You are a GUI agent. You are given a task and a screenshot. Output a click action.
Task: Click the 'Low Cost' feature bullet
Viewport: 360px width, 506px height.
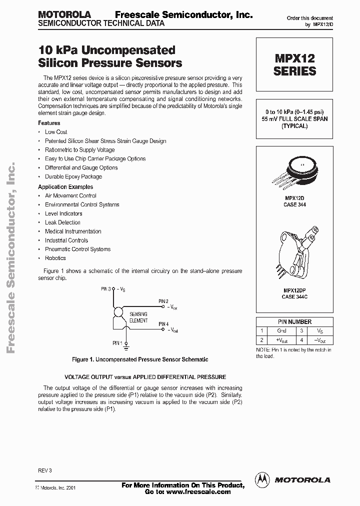point(56,132)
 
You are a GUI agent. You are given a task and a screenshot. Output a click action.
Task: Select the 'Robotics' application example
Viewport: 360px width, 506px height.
point(55,258)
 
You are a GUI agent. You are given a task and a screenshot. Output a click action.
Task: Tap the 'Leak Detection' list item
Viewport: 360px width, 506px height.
point(62,222)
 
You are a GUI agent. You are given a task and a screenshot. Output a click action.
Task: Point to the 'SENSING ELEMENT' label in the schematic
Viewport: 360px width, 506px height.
point(138,317)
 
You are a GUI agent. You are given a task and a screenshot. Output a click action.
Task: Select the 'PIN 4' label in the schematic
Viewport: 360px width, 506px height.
point(163,324)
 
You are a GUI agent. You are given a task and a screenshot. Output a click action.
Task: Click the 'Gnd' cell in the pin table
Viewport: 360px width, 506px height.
point(281,331)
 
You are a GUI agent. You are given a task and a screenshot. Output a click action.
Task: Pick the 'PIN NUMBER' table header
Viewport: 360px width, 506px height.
point(294,322)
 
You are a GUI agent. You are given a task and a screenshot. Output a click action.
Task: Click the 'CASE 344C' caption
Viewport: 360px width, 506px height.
point(294,297)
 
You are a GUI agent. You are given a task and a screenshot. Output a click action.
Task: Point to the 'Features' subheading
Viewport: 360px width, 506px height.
point(49,123)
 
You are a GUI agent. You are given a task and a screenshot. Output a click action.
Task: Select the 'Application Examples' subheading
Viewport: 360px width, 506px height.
point(65,187)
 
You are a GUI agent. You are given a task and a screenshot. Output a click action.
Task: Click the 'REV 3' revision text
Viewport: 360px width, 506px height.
point(44,471)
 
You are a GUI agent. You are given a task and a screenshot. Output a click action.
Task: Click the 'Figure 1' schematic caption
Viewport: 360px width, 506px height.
point(140,359)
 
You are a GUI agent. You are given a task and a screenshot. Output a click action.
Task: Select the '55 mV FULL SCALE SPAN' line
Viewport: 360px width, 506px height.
point(294,119)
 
